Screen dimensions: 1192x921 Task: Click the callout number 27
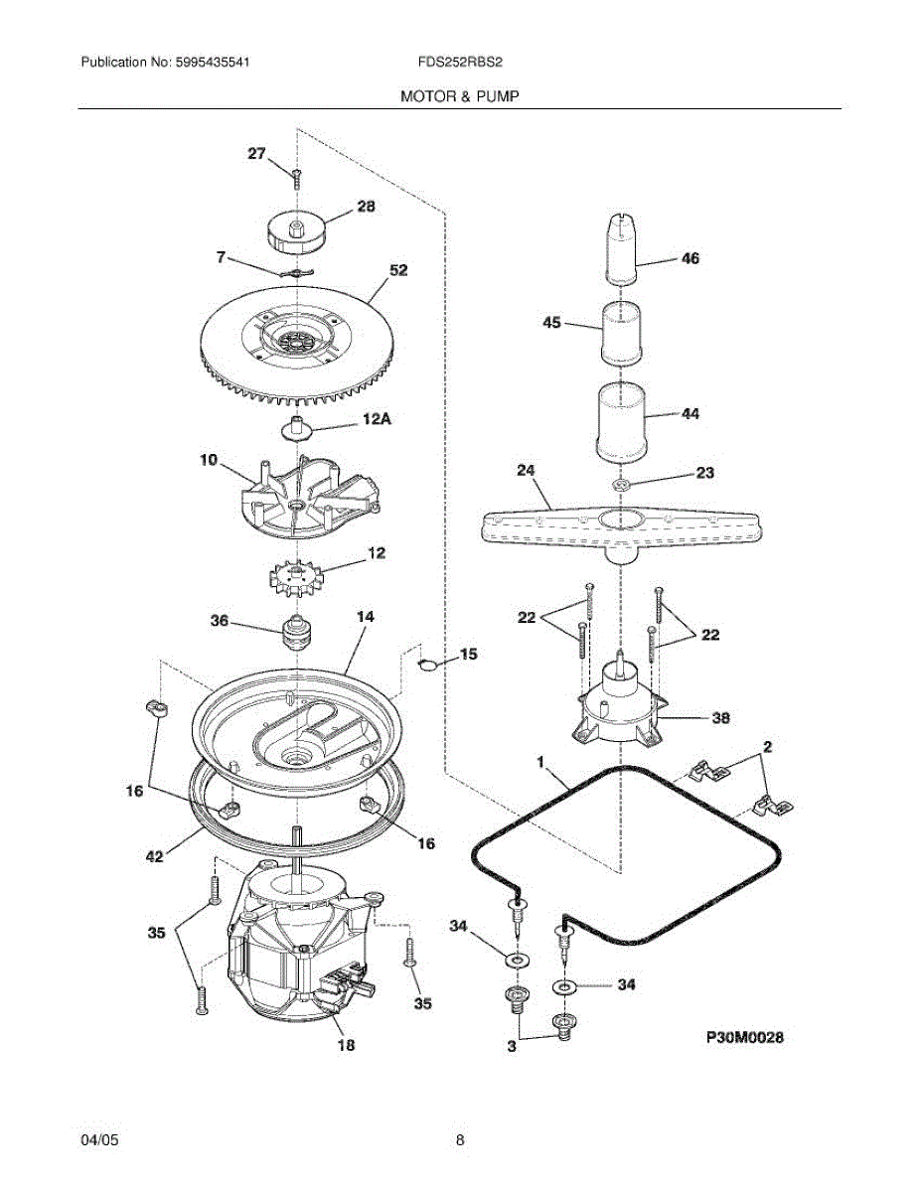pyautogui.click(x=256, y=154)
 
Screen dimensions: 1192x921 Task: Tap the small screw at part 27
pyautogui.click(x=296, y=177)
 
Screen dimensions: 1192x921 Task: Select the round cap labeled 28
pyautogui.click(x=295, y=231)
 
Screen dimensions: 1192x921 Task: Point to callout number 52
pyautogui.click(x=397, y=269)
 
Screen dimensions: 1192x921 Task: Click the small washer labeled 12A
pyautogui.click(x=297, y=428)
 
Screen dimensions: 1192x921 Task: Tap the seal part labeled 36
pyautogui.click(x=297, y=631)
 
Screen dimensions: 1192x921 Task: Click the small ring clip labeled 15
pyautogui.click(x=426, y=664)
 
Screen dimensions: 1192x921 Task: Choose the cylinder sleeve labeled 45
pyautogui.click(x=623, y=333)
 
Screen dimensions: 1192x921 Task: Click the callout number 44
pyautogui.click(x=690, y=414)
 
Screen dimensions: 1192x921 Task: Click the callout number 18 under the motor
pyautogui.click(x=345, y=1044)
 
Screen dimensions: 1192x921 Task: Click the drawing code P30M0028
pyautogui.click(x=745, y=1038)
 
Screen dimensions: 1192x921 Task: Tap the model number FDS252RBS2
pyautogui.click(x=460, y=62)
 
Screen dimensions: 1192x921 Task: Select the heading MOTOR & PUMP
pyautogui.click(x=460, y=96)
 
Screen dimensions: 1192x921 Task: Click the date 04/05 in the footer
pyautogui.click(x=99, y=1139)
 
